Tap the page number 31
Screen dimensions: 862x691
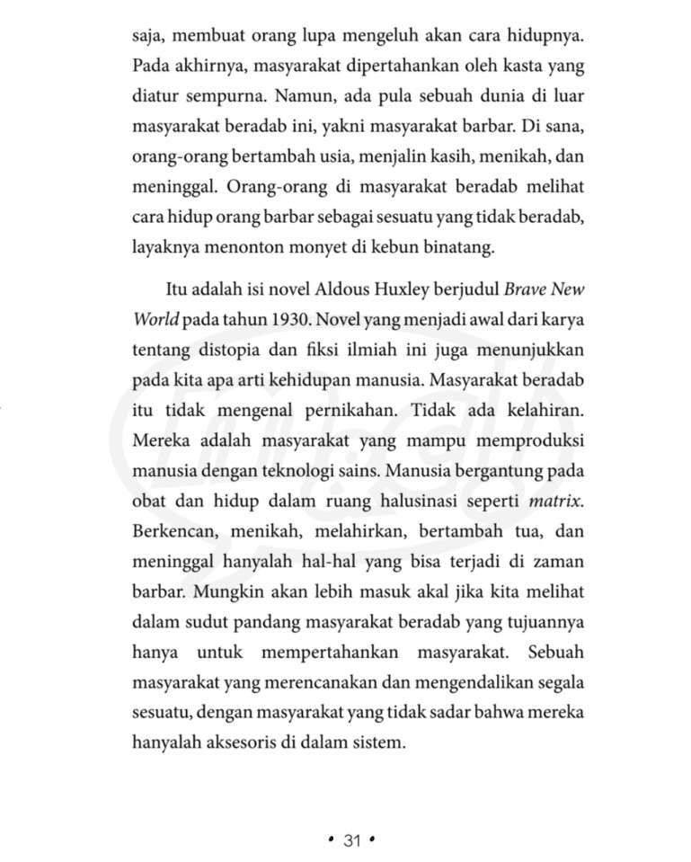pos(351,840)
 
